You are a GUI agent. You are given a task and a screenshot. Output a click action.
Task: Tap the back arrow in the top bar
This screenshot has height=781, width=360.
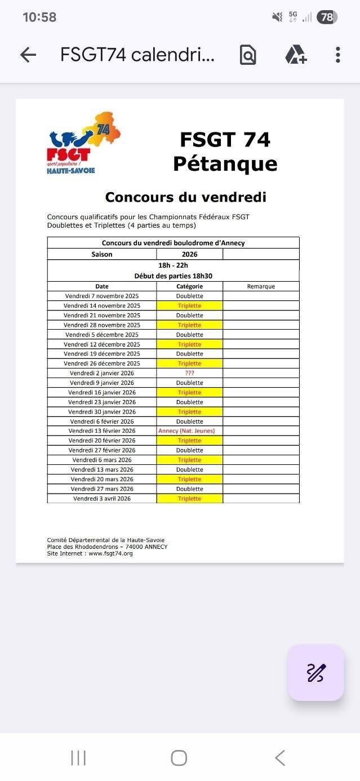pos(28,55)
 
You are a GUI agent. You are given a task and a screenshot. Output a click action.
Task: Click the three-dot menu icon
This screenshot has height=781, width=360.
pos(337,55)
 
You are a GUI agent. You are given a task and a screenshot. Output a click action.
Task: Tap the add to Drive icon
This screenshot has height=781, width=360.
pos(295,55)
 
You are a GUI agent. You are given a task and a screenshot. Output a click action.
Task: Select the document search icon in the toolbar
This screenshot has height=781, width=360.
pos(248,55)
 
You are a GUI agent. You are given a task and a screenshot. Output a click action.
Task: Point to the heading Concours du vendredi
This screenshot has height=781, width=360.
pos(185,197)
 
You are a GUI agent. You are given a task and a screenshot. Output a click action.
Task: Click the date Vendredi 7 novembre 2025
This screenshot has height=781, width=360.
pos(102,296)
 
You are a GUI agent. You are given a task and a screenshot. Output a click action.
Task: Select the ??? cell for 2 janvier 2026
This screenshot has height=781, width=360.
pos(189,373)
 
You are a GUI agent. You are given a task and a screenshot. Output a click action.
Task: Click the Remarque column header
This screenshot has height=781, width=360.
pos(261,286)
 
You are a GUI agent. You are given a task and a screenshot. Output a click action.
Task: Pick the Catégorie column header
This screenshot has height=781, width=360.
pos(189,286)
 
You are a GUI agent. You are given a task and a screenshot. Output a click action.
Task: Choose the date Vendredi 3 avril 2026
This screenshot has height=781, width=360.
pos(102,499)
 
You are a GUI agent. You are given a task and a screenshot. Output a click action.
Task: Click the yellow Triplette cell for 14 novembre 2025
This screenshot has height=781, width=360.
pos(189,305)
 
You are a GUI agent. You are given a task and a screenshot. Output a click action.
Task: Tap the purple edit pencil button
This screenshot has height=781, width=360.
pos(315,672)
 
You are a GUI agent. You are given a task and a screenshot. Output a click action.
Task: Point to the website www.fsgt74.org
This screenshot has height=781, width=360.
pos(110,554)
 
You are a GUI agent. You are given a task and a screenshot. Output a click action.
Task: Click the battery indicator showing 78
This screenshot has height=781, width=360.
pos(327,17)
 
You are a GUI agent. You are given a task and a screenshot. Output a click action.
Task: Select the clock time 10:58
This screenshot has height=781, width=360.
pos(39,17)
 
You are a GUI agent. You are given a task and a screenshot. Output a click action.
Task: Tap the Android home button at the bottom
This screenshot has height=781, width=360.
pos(179,758)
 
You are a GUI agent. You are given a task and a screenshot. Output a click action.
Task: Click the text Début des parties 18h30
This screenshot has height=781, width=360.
pos(173,276)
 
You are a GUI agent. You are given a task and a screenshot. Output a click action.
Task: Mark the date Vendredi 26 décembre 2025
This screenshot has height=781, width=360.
pos(102,363)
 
